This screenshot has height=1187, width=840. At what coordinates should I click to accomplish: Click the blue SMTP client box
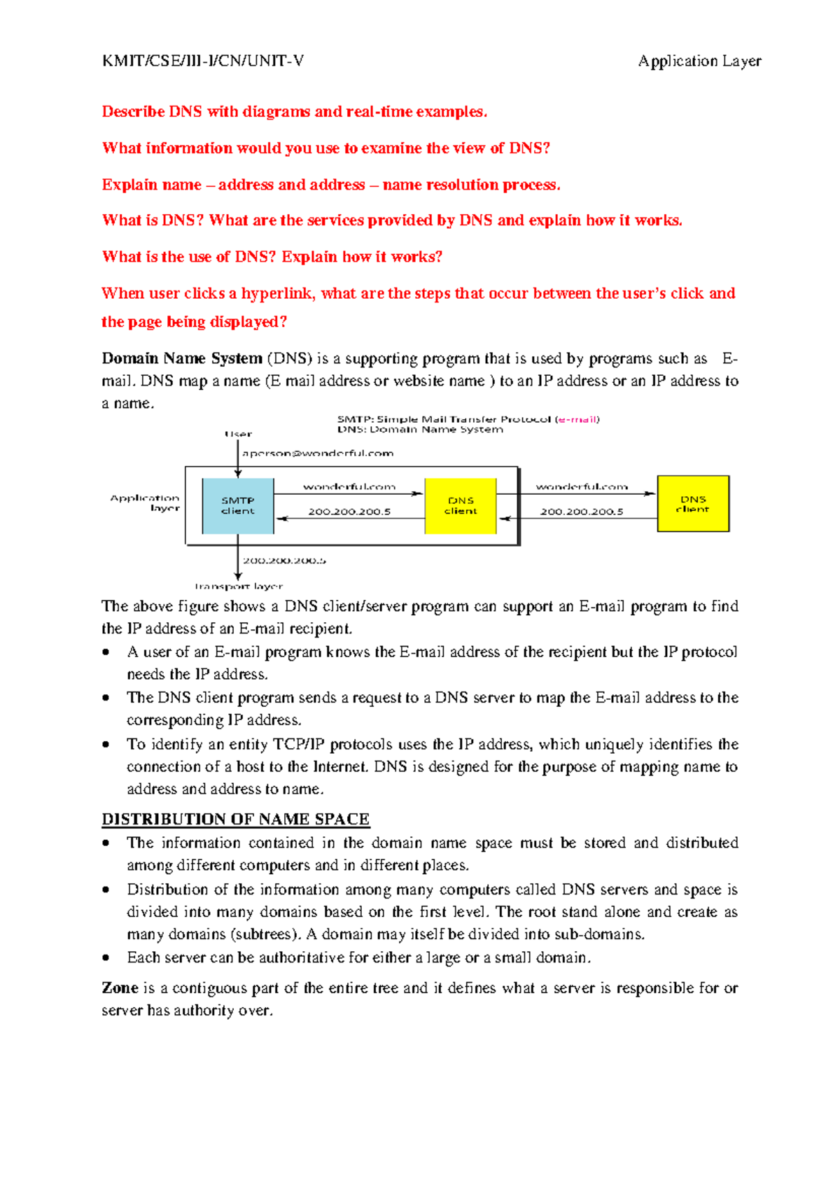click(x=238, y=506)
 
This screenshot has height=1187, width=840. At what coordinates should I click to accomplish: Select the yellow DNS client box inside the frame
click(x=461, y=506)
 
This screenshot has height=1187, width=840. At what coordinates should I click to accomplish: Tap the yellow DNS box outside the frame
click(x=693, y=504)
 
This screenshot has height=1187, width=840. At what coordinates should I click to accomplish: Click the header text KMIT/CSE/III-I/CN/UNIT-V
click(x=203, y=61)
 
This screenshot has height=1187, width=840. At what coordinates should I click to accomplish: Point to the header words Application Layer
click(x=699, y=61)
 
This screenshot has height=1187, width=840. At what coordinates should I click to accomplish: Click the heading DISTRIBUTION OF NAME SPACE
click(x=235, y=819)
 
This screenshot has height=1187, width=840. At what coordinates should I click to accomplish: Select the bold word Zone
click(x=120, y=988)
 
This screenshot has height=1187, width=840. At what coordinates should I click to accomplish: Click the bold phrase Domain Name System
click(x=182, y=358)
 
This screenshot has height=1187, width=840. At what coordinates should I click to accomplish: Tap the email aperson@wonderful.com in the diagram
click(x=318, y=454)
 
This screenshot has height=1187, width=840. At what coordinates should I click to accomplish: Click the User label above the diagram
click(x=238, y=434)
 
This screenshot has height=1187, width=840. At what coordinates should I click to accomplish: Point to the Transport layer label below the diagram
click(x=239, y=587)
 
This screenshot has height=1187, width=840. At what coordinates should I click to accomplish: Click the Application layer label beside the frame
click(x=146, y=503)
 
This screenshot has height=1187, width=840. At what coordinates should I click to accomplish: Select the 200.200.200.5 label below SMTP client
click(x=283, y=561)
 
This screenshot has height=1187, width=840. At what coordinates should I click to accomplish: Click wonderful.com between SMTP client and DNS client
click(x=349, y=486)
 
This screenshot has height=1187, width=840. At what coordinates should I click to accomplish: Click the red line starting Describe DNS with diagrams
click(x=294, y=112)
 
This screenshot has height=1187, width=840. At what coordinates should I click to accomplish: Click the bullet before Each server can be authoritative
click(x=106, y=957)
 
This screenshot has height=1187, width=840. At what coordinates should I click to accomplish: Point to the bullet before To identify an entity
click(x=106, y=744)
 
